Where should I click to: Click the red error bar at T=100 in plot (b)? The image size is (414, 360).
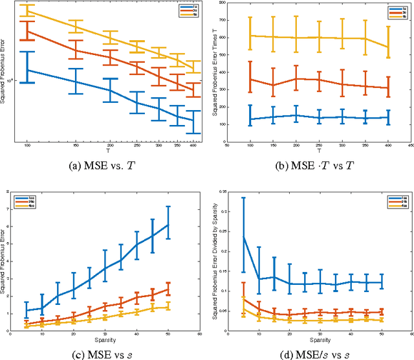coord(250,80)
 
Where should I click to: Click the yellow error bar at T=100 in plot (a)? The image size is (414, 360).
coord(27,10)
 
